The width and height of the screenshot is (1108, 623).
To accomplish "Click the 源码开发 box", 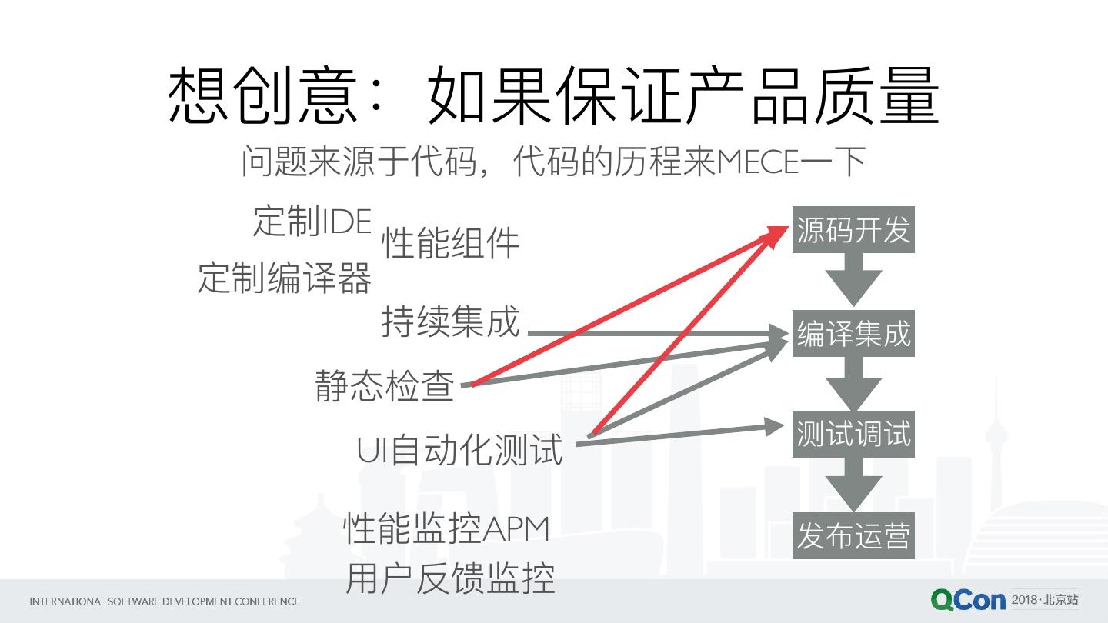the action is pos(853,229).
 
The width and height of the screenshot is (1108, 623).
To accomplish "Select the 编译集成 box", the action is pos(853,333).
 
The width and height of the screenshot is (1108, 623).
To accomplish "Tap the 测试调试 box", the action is pos(853,434).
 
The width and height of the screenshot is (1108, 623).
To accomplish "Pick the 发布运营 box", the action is pos(853,535).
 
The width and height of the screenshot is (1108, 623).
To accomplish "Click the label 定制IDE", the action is pos(312,222).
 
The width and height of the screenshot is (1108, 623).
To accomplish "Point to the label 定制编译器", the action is pos(285,277).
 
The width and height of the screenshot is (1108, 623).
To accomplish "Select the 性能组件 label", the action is pos(450,243).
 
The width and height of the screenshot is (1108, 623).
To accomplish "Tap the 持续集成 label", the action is pos(450,321).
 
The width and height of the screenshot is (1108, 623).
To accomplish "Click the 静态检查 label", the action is pos(384,385).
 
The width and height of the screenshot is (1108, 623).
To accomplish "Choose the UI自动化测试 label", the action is pos(459,450).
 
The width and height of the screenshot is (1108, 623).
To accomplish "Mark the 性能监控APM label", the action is pos(446,528).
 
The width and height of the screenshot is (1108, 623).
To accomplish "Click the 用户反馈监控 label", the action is pos(450,578).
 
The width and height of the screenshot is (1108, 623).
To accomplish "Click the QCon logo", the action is pos(968,600).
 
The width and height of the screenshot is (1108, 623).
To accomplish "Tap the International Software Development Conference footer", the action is pos(164,601).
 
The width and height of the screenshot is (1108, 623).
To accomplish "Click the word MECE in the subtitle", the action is pos(757,163).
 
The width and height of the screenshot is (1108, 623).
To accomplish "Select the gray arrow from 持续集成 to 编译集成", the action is pos(654,333).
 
